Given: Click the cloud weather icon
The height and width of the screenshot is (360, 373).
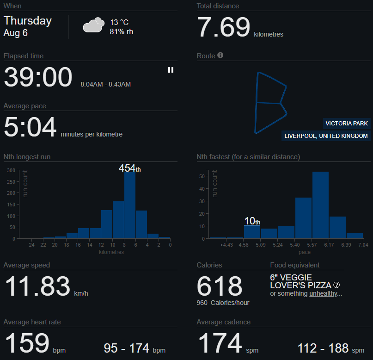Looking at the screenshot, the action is click(x=93, y=25).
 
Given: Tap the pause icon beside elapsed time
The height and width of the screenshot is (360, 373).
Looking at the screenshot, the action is click(x=171, y=70).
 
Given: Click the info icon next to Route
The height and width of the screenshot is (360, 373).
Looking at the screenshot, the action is click(x=220, y=55).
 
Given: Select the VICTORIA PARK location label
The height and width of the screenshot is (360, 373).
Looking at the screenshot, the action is click(x=347, y=124).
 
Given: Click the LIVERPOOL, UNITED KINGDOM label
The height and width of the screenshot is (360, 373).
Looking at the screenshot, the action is click(x=326, y=136).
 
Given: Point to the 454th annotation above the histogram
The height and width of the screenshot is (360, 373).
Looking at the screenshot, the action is click(x=129, y=168).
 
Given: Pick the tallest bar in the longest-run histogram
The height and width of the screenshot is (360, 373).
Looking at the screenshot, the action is click(x=130, y=205).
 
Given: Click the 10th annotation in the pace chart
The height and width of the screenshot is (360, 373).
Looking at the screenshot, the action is click(x=252, y=221).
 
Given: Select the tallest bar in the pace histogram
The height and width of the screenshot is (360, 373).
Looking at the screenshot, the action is click(x=320, y=205).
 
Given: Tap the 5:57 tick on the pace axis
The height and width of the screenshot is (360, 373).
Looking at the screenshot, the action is click(x=312, y=245).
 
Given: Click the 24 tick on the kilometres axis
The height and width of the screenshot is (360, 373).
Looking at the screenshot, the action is click(x=31, y=245).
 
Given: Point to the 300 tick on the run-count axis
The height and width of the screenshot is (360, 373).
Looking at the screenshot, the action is click(x=11, y=170).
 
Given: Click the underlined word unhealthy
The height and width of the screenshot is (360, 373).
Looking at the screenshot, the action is click(x=323, y=293).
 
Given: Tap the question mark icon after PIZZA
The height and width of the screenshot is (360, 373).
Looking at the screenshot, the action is click(x=336, y=285).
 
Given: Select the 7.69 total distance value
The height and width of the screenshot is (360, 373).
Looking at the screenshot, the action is click(x=224, y=27).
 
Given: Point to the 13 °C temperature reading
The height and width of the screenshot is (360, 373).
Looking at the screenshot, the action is click(x=119, y=22).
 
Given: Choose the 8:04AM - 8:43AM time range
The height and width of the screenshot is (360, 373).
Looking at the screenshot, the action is click(x=106, y=84).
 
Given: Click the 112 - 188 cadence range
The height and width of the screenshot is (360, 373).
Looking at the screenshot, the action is click(x=323, y=348).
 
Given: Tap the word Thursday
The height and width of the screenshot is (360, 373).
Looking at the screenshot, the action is click(x=28, y=21).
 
